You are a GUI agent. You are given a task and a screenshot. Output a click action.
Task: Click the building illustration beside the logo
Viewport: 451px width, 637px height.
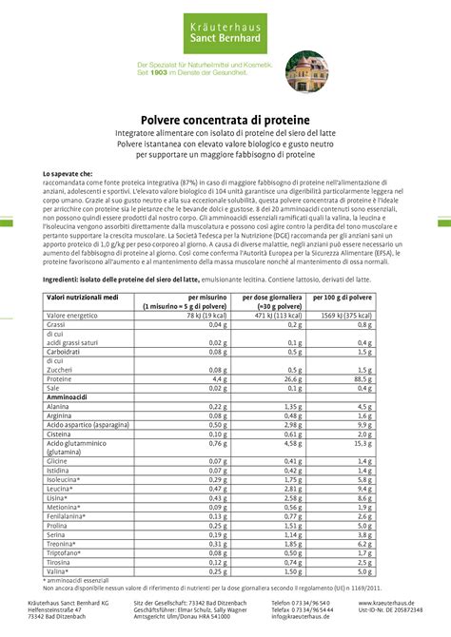[306, 71]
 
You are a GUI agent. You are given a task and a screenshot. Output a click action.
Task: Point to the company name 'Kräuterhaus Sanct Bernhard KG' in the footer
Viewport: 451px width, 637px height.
[81, 603]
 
